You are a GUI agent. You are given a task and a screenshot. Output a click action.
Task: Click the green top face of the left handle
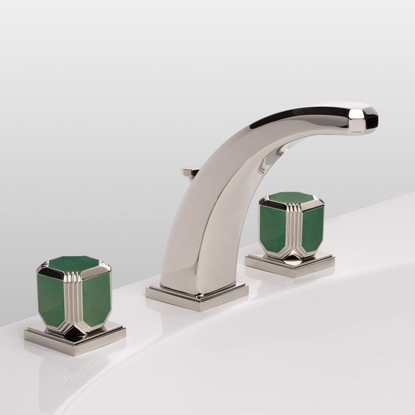73,264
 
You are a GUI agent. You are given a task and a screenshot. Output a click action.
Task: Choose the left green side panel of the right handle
273,228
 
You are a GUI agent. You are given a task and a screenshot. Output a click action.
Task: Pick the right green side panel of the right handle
311,229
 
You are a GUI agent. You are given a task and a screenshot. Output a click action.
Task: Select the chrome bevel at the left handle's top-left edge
44,268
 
